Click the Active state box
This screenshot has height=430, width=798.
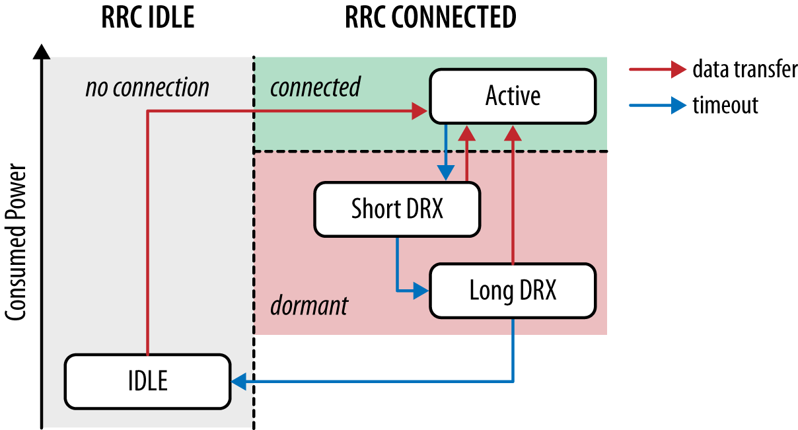513,96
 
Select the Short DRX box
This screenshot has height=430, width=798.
396,209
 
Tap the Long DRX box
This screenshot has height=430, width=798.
513,291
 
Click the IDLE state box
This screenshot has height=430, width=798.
147,381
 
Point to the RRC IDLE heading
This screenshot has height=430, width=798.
147,18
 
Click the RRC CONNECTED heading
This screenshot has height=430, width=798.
430,18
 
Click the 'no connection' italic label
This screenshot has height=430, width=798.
147,87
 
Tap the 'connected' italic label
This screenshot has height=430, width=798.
315,87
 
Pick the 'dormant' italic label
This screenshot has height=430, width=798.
308,306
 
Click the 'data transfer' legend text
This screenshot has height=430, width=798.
744,69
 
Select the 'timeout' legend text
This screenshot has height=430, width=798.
725,105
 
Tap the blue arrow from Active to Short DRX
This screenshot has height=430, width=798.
446,152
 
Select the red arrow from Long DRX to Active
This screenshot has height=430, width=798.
513,198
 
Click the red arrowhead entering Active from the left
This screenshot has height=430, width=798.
421,112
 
